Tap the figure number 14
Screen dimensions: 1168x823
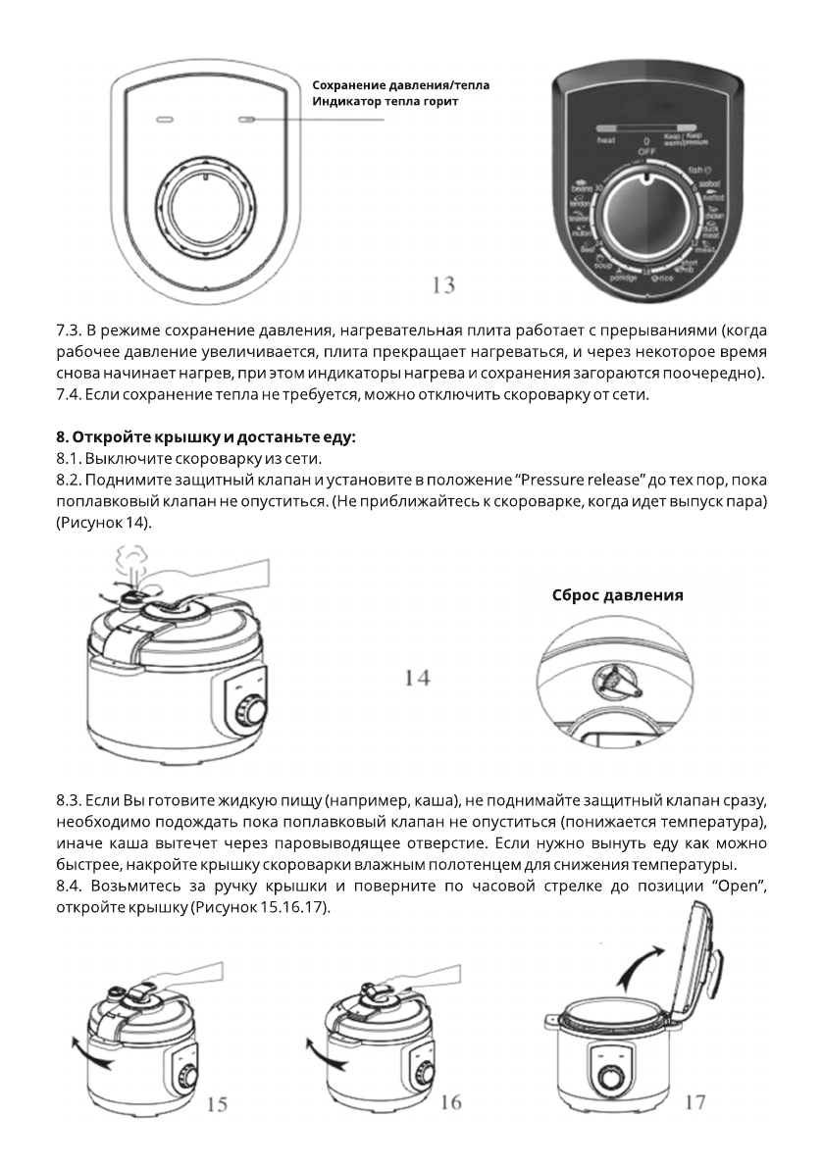tap(418, 678)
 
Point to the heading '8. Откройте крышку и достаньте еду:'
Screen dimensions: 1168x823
tap(205, 438)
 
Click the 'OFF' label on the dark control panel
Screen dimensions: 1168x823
tap(646, 152)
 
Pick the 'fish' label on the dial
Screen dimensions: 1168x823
tap(697, 171)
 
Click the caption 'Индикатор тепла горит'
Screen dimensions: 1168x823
tap(385, 101)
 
